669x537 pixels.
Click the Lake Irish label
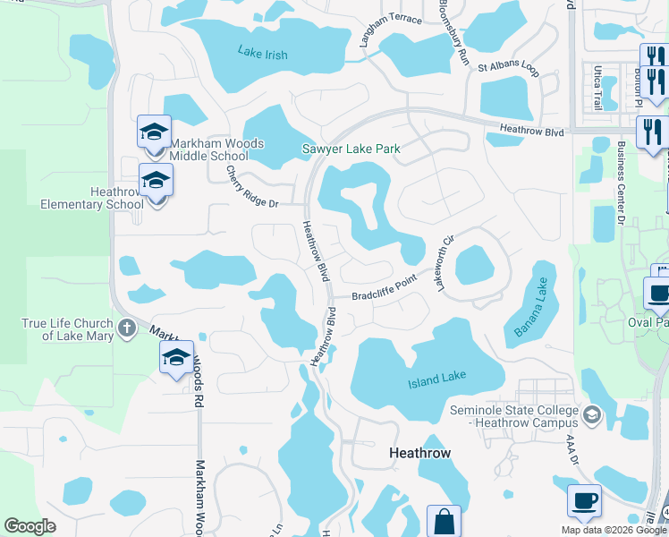click(263, 54)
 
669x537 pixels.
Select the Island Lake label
click(437, 380)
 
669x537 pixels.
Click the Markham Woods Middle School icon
click(154, 133)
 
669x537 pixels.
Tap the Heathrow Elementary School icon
click(156, 182)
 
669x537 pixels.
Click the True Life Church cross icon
click(127, 328)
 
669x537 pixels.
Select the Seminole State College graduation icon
click(591, 414)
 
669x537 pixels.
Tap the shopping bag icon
click(445, 521)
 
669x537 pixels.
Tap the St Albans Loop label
click(508, 67)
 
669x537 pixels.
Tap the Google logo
click(30, 526)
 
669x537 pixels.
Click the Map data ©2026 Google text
click(614, 530)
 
